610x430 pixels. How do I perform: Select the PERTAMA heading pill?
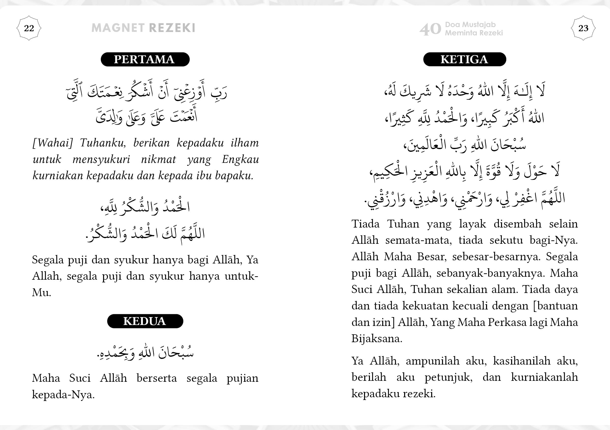point(145,59)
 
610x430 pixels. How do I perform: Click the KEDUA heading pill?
point(145,321)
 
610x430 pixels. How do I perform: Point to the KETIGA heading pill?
point(464,59)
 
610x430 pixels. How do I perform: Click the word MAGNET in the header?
point(118,28)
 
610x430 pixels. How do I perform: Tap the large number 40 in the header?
point(430,29)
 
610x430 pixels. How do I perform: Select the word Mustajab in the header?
point(479,24)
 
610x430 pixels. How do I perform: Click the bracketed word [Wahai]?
point(53,143)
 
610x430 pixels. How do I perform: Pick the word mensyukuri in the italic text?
point(101,159)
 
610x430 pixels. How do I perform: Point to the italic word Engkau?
point(240,159)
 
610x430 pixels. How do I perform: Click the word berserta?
point(156,378)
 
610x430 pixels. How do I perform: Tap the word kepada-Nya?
point(63,395)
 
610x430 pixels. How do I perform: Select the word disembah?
point(517,224)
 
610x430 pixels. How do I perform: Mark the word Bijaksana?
point(377,338)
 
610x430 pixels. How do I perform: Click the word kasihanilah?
point(521,361)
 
